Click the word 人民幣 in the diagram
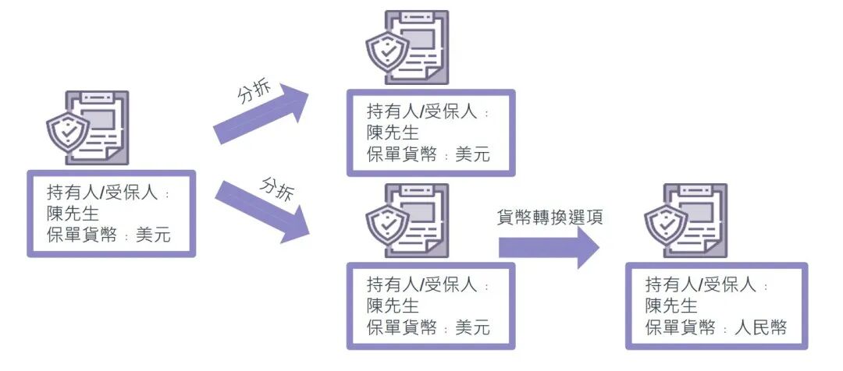tap(760, 329)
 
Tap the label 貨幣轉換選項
tap(550, 218)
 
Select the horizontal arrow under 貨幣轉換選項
tap(550, 248)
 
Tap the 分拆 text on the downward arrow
tap(276, 189)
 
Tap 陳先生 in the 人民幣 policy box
tap(670, 306)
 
